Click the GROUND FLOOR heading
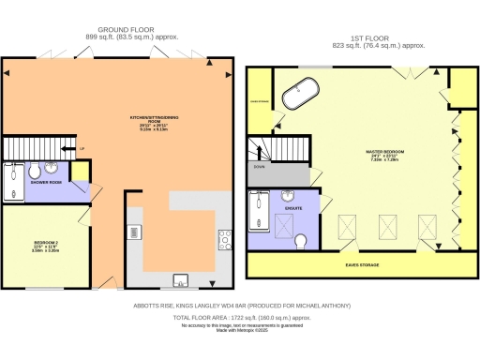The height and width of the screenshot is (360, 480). pos(118,29)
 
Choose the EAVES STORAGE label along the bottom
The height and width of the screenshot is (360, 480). pos(362,265)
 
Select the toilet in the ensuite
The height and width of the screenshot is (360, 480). pos(301,242)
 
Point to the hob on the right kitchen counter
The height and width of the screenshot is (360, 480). pos(225,239)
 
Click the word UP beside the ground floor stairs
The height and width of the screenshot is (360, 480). pos(82,148)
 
